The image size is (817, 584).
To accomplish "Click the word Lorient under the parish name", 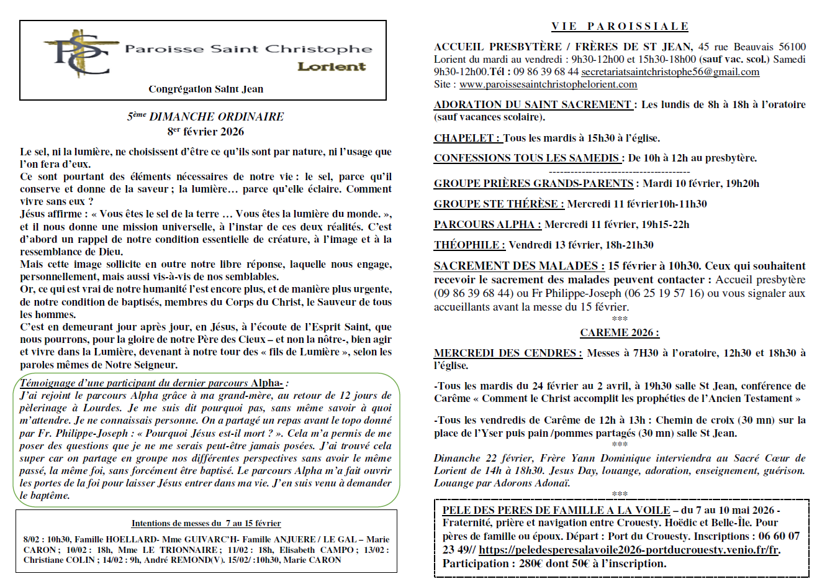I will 332,66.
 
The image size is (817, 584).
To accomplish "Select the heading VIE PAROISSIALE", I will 620,26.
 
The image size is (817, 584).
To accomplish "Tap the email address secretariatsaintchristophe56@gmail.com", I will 670,72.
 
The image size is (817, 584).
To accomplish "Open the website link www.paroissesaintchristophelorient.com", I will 548,84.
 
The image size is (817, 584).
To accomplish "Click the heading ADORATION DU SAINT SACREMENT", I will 533,104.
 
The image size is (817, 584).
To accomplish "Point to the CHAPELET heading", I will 464,138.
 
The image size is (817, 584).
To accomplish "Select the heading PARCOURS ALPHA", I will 487,224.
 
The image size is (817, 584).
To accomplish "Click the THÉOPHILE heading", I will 469,245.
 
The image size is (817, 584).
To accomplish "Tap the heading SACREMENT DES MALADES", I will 519,266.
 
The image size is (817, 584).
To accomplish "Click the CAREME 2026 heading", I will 619,332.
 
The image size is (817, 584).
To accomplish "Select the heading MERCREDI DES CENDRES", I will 508,353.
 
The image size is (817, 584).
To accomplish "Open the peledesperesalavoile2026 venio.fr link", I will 629,550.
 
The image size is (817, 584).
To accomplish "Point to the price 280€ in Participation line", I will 528,563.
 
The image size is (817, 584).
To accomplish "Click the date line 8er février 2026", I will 205,132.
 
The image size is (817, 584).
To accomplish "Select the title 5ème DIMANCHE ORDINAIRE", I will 205,116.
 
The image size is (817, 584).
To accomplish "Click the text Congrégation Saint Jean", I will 205,89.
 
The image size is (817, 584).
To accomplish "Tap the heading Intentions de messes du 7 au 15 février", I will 205,524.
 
